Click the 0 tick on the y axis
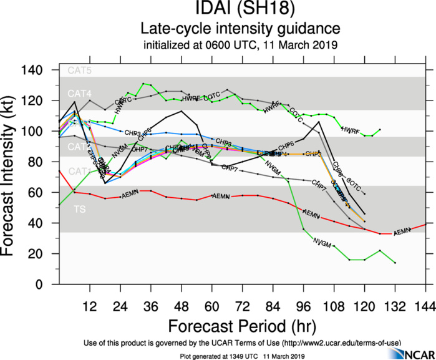[49, 285]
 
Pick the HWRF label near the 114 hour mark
[351, 130]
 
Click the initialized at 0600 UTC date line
[240, 45]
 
